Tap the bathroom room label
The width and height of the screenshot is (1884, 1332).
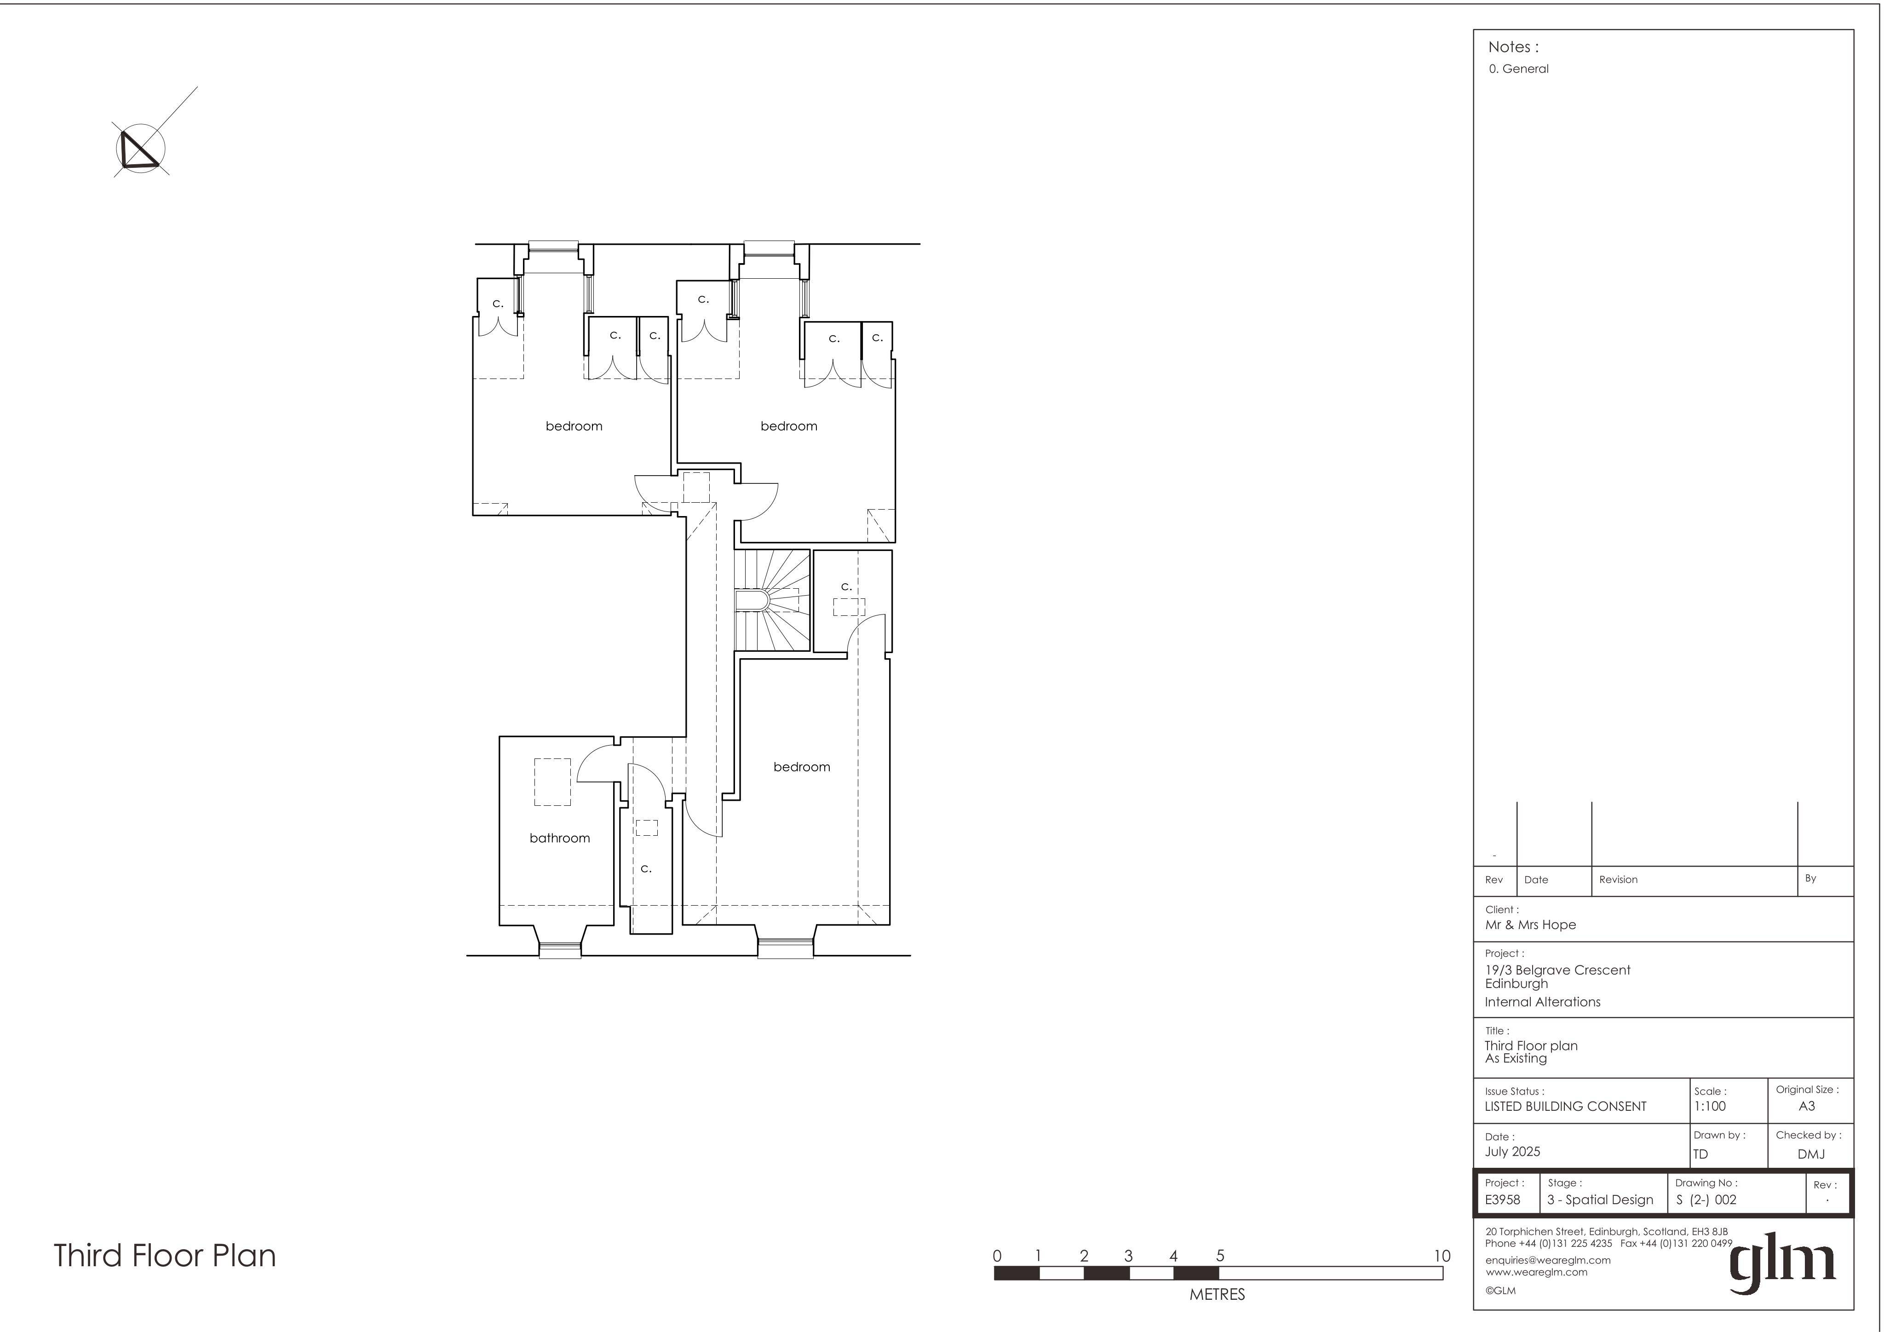click(560, 838)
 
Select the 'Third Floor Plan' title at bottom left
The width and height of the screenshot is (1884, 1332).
click(165, 1256)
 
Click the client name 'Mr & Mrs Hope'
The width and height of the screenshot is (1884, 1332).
click(1530, 925)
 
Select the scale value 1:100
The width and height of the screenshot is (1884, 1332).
click(1710, 1106)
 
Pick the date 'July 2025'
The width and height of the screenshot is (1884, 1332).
click(1512, 1151)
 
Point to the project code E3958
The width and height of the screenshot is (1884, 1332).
click(1502, 1200)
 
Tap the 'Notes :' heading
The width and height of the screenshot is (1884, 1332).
click(1513, 47)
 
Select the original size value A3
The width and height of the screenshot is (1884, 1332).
click(1806, 1106)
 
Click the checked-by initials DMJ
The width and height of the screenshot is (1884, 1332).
click(1811, 1154)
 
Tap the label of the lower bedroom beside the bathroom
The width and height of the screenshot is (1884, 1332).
click(802, 767)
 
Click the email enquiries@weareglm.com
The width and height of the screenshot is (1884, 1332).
click(1548, 1260)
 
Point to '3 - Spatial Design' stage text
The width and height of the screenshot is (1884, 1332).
click(1600, 1200)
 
